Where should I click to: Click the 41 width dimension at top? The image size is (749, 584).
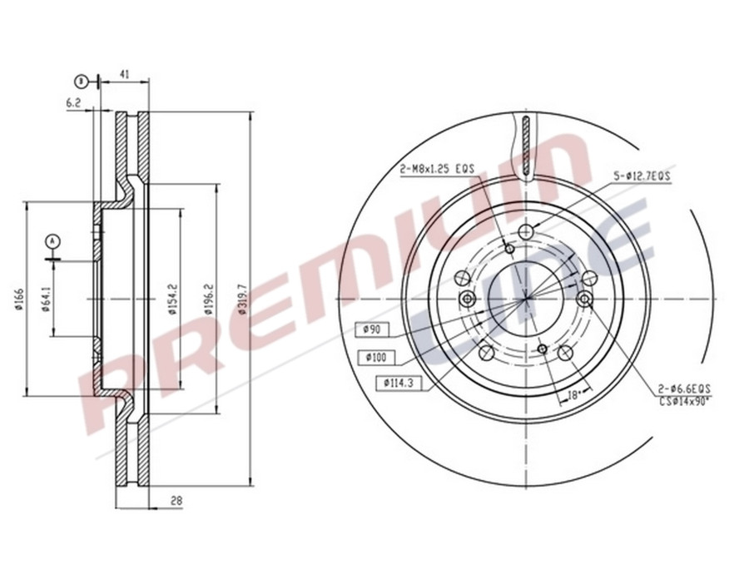click(x=124, y=75)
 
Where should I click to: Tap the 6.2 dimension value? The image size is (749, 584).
click(x=73, y=103)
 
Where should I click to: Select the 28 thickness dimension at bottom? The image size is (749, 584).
click(x=176, y=501)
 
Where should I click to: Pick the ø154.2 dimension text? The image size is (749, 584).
click(x=172, y=300)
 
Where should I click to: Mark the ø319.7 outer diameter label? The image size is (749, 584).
click(x=242, y=300)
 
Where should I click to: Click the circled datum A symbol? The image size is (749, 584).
click(x=54, y=241)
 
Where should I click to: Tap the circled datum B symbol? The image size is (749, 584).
click(x=81, y=81)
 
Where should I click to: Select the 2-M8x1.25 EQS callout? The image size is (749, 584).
click(x=436, y=169)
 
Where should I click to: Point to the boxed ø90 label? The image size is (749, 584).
click(x=370, y=329)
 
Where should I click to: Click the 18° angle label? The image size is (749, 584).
click(x=573, y=396)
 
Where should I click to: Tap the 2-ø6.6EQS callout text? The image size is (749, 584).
click(x=682, y=389)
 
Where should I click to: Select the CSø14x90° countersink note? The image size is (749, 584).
click(x=684, y=401)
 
